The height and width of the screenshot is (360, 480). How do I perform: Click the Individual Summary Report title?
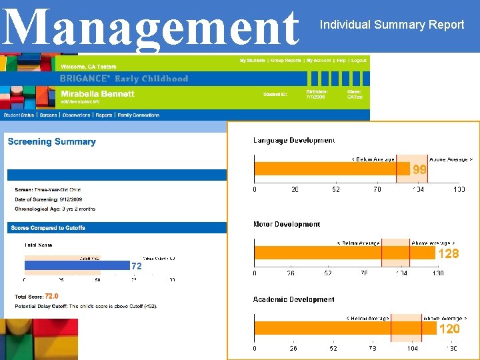coord(392,25)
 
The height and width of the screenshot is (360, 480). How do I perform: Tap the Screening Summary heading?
coord(51,141)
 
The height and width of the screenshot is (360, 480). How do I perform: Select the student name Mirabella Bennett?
coord(97,94)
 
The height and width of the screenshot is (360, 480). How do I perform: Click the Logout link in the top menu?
coord(359,61)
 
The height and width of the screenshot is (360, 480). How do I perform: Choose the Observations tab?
coord(77,115)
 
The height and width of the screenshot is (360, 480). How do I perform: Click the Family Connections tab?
coord(138,115)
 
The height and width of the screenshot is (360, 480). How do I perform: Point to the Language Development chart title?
coord(294,140)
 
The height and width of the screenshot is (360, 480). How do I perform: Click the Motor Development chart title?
coord(287,224)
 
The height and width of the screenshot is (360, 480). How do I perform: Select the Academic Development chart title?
coord(294,299)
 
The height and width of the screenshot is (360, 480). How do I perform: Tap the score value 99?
coord(419,169)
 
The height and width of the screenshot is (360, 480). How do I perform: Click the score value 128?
coord(448,253)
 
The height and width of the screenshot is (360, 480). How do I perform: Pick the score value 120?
coord(449,329)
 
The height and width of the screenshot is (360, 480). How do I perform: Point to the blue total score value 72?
coord(137,265)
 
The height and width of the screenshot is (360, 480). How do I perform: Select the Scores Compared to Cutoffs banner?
coord(48,227)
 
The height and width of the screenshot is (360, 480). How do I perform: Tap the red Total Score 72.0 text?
coord(51,296)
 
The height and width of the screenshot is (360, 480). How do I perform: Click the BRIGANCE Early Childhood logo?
coord(124,78)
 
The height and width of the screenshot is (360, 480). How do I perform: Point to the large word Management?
coord(150,27)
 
